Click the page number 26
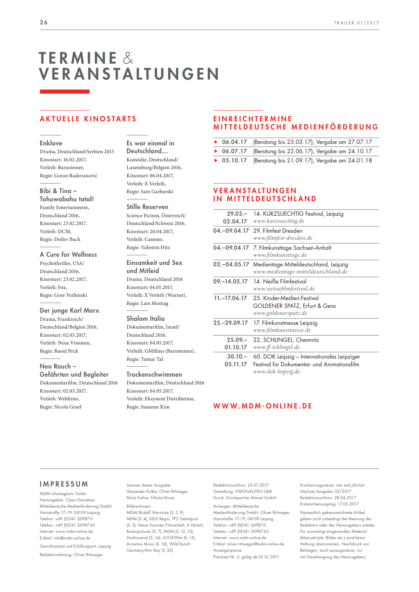[x=44, y=23]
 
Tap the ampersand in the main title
[x=128, y=58]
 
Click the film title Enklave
[x=51, y=143]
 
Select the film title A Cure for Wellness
[x=68, y=255]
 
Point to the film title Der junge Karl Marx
[x=69, y=310]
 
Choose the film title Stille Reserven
[x=147, y=207]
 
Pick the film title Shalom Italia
[x=145, y=319]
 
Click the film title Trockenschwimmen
[x=154, y=374]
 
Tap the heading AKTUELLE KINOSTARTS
[x=88, y=119]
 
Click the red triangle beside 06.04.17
[x=216, y=142]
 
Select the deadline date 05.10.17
[x=234, y=161]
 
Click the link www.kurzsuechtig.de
[x=279, y=221]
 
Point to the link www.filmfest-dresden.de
[x=283, y=238]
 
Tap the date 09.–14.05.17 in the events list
[x=230, y=282]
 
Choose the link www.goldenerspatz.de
[x=280, y=313]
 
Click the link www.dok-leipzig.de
[x=276, y=371]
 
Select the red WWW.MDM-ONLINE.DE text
[x=263, y=406]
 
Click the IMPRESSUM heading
[x=64, y=484]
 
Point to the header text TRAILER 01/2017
[x=356, y=23]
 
